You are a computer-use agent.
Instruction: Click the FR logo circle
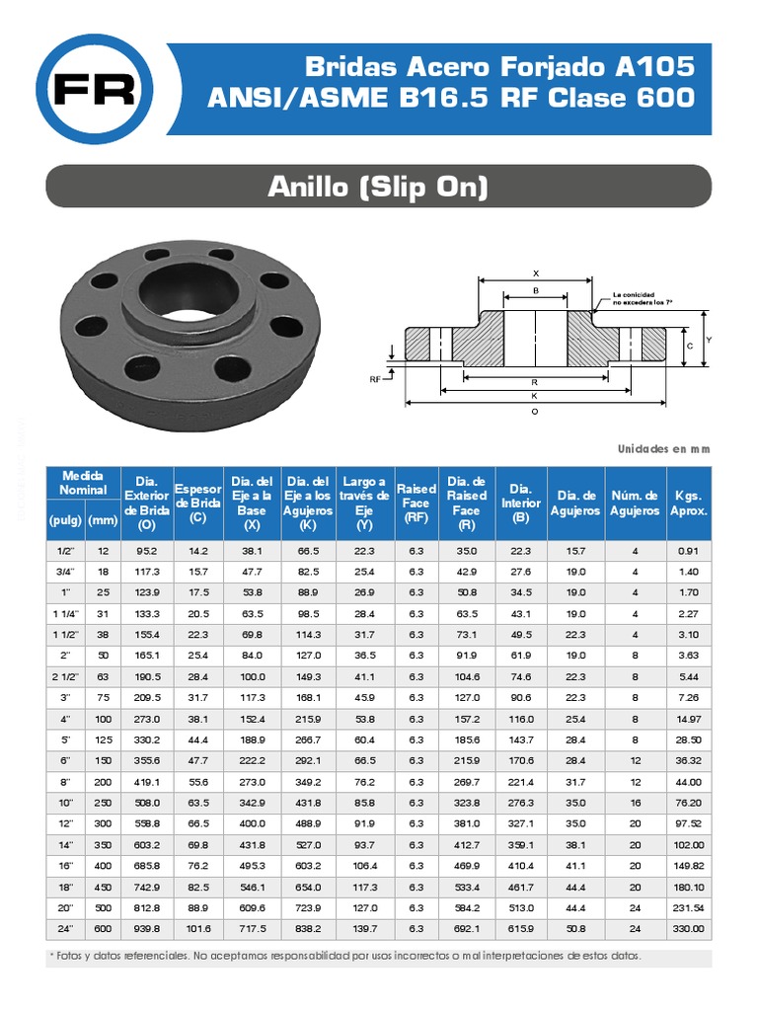pos(96,90)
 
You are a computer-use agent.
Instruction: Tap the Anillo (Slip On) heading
pos(379,187)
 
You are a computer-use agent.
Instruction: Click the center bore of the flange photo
pos(187,286)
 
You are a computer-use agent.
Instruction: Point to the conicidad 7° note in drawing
pos(642,299)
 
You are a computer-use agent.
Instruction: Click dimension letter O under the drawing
pos(535,412)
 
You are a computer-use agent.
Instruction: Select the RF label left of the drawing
pos(375,378)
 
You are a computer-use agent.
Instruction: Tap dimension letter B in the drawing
pos(535,290)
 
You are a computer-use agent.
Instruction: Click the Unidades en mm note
pos(663,448)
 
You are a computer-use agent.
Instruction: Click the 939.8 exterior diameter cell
pos(147,929)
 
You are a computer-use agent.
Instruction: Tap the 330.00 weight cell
pos(689,929)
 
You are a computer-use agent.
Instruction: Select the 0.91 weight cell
pos(689,550)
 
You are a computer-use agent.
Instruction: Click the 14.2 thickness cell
pos(197,550)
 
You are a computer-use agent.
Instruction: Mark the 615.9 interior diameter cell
pos(521,929)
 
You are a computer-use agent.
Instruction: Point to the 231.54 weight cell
pos(689,907)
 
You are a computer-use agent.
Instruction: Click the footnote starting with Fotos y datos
pos(345,956)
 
